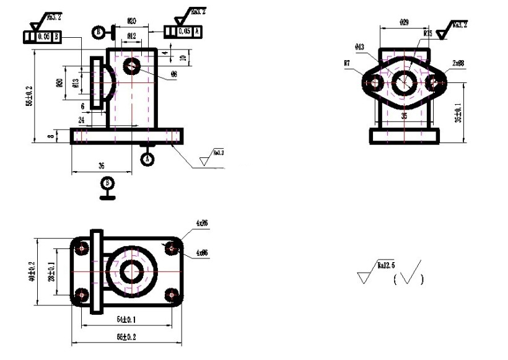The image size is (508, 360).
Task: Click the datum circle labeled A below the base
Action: tap(147, 159)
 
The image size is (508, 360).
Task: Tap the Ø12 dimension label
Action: tap(131, 37)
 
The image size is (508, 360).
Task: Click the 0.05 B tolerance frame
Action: tap(42, 37)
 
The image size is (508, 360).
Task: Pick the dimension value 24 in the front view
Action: tap(81, 119)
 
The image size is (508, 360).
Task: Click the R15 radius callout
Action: tap(427, 33)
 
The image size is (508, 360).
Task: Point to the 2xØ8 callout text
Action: tap(458, 63)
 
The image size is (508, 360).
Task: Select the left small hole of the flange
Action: tap(373, 82)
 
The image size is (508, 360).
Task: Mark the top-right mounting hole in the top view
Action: tap(172, 248)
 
